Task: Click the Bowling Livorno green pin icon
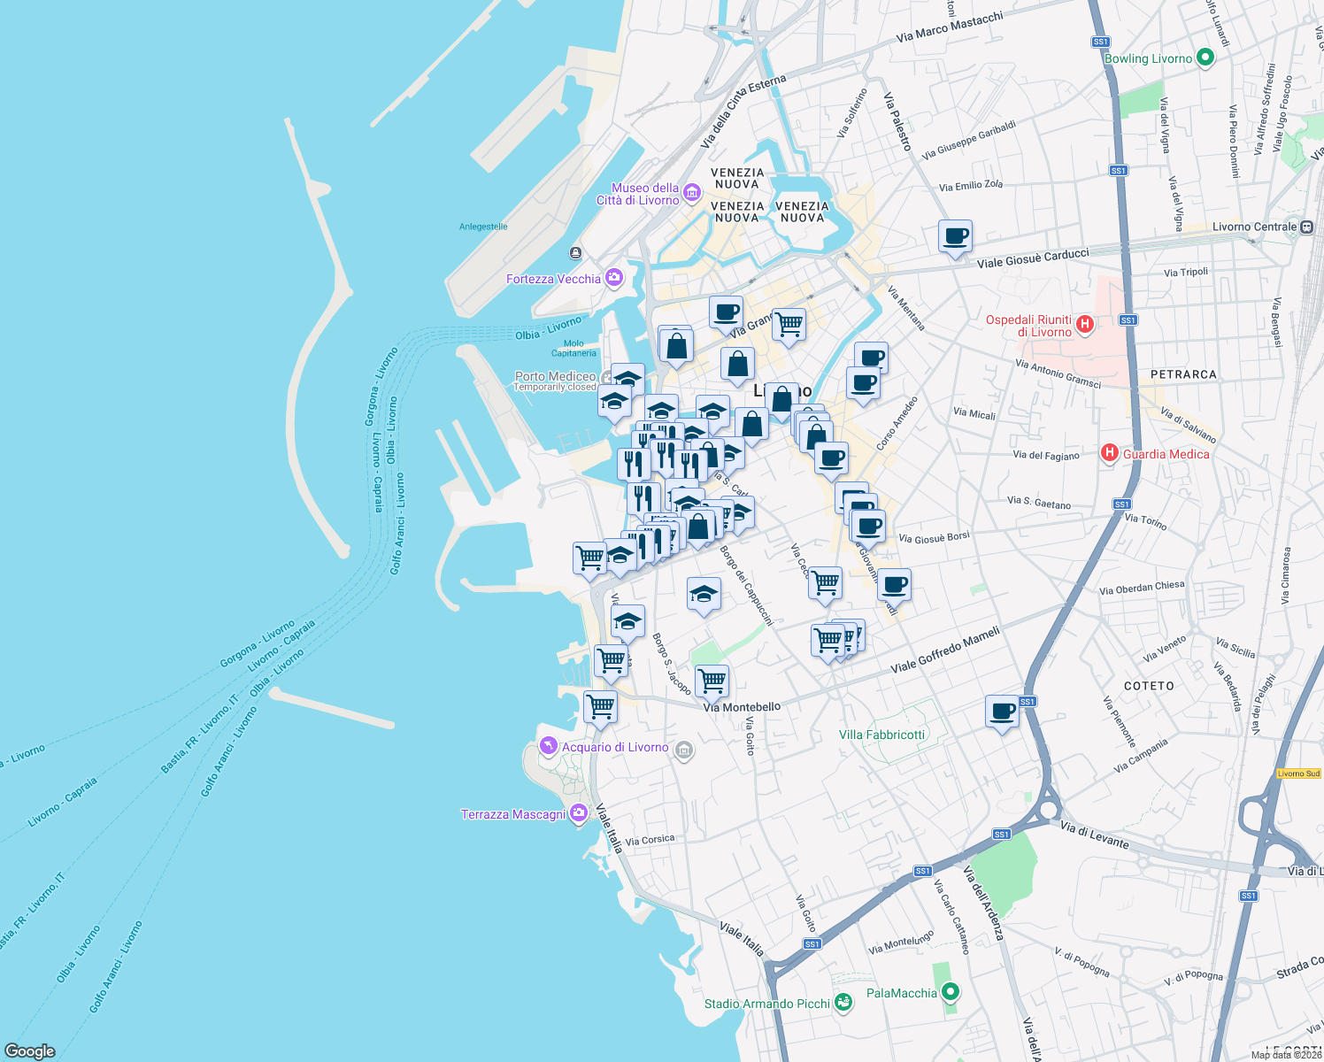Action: (x=1205, y=58)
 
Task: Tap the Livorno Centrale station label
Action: (x=1254, y=227)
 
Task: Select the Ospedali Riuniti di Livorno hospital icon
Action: (x=1085, y=325)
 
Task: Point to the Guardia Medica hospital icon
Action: (x=1109, y=453)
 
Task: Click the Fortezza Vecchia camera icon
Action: (x=613, y=279)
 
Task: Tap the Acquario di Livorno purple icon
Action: (x=549, y=747)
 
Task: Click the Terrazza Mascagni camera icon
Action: (x=579, y=813)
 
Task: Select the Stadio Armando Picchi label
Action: (x=767, y=1004)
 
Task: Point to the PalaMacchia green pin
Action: (x=950, y=992)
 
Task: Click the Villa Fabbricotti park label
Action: (x=881, y=735)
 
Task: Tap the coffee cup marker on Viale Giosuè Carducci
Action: (x=955, y=237)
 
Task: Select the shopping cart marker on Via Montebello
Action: (x=712, y=682)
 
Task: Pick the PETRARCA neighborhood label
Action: (x=1183, y=374)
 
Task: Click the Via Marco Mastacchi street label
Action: (x=950, y=27)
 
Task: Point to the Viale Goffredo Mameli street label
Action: (x=945, y=650)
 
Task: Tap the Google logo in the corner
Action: (x=30, y=1050)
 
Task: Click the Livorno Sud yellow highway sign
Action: (x=1298, y=773)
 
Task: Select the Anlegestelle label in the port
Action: (x=483, y=227)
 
